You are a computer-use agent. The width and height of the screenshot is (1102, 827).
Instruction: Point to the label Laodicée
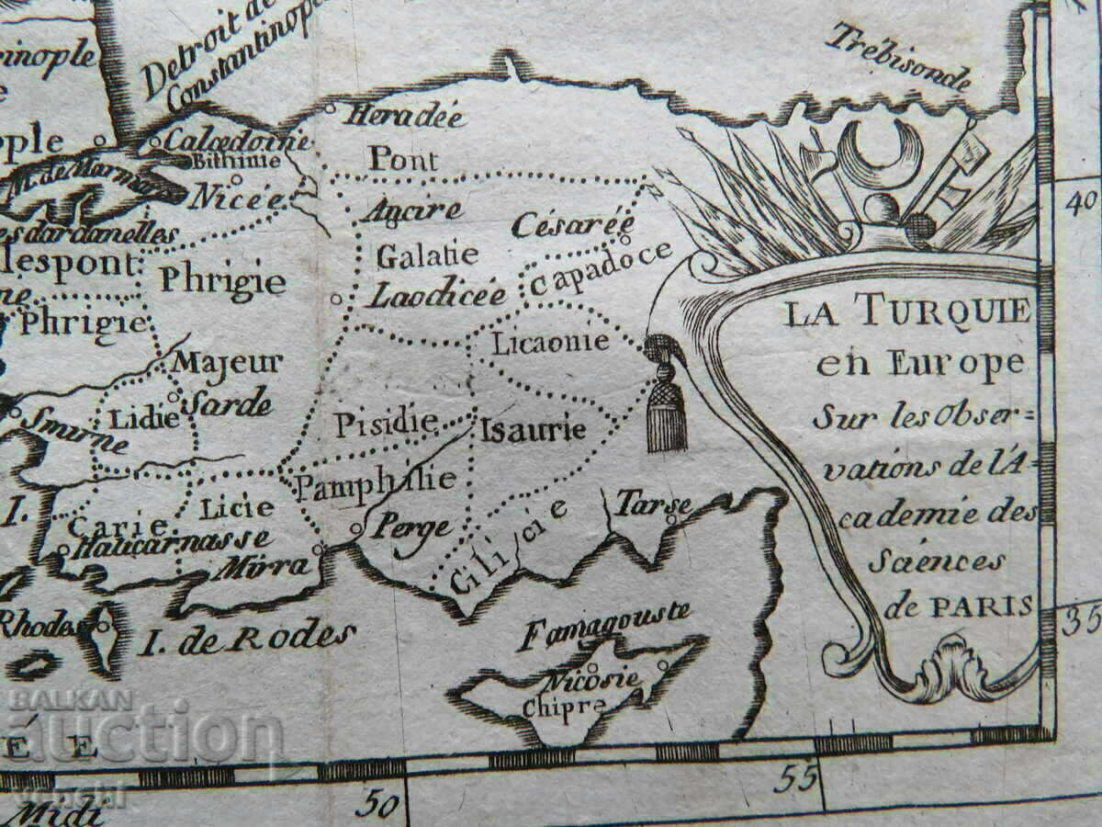tap(437, 294)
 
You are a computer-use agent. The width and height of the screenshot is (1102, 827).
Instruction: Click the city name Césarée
tap(573, 223)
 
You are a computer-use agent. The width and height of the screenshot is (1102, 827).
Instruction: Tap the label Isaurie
tap(533, 429)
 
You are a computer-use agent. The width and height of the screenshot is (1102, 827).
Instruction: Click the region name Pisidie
tap(385, 425)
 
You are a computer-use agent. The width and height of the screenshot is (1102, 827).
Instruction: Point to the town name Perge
tap(410, 527)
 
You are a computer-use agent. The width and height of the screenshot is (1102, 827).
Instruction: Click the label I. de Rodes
tap(245, 637)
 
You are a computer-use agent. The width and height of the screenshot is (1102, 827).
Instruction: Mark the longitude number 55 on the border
tap(794, 778)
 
